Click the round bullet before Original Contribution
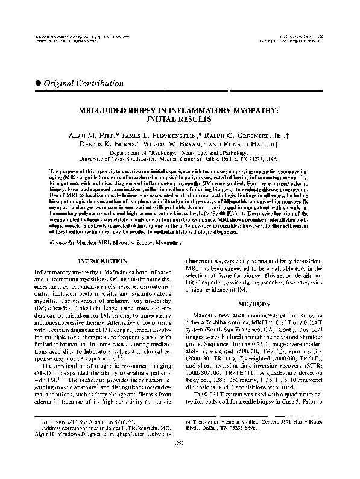click(x=40, y=83)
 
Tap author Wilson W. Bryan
click(x=175, y=145)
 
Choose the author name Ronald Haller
click(x=244, y=145)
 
